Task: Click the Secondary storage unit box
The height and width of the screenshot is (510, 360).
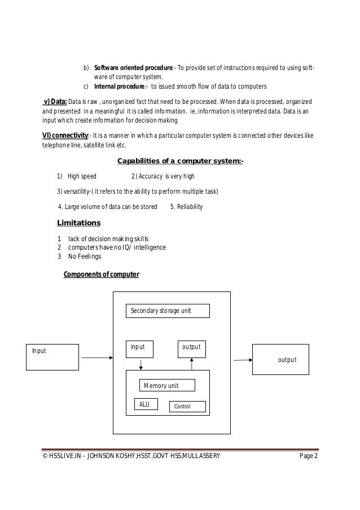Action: [x=167, y=311]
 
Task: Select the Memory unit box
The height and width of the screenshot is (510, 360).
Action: [x=167, y=385]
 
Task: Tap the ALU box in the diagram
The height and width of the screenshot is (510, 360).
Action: [x=144, y=404]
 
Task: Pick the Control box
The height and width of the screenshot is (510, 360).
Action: [x=188, y=406]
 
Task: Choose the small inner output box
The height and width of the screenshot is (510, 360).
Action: [x=192, y=349]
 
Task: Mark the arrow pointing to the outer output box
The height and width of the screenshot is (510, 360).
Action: [x=242, y=360]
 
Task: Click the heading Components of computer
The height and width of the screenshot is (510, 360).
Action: [x=101, y=274]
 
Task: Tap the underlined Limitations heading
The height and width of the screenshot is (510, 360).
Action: [x=79, y=223]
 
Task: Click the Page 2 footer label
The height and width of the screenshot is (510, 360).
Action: [x=308, y=456]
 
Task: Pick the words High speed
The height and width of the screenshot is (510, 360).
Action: [x=82, y=176]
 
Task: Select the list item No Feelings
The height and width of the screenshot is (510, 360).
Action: [x=85, y=256]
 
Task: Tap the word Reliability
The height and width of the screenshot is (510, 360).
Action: [x=190, y=207]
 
